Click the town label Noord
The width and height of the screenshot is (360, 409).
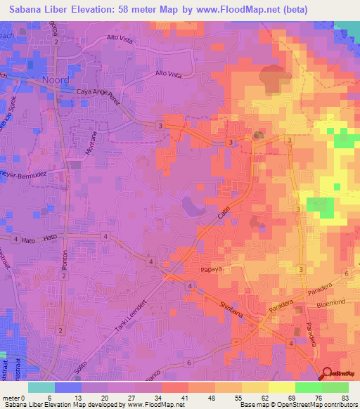coord(55,79)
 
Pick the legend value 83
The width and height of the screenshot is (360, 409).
coord(344,398)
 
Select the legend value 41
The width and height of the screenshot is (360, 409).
coord(184,398)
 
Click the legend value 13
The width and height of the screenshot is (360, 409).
coord(76,398)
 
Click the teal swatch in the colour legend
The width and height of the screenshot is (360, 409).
coord(41,387)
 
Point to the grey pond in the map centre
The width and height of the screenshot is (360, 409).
coord(191,206)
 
